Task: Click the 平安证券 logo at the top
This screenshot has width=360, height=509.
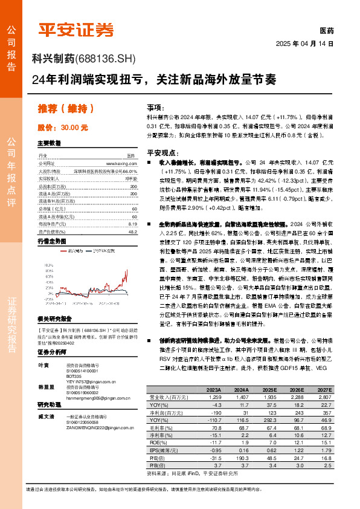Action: click(x=77, y=30)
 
